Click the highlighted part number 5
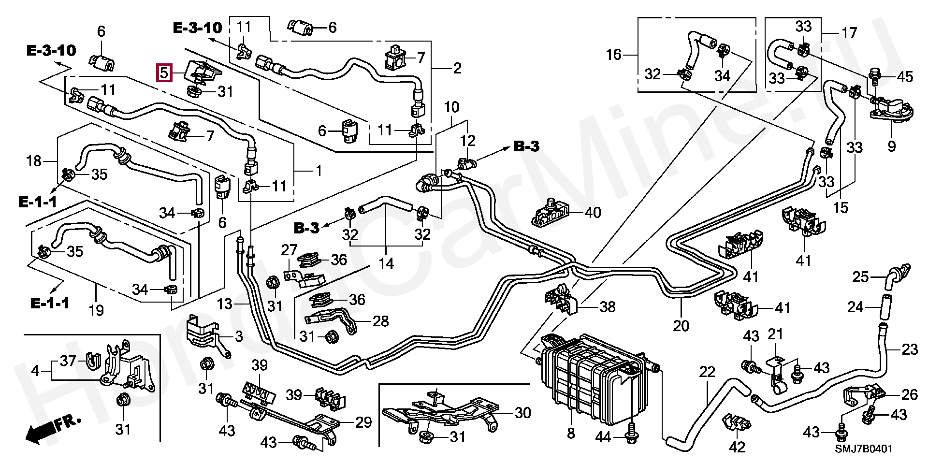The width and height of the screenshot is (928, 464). [164, 73]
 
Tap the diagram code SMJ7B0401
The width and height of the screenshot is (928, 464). [863, 449]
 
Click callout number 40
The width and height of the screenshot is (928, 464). [593, 212]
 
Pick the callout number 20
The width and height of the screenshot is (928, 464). [681, 326]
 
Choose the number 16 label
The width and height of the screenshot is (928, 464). [614, 55]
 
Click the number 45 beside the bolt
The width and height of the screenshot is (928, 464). [905, 77]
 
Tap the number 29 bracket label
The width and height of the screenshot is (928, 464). [363, 422]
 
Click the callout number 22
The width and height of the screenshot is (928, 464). [707, 372]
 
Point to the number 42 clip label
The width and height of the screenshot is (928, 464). [737, 447]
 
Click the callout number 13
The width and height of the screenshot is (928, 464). [225, 304]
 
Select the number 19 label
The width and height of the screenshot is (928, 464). [96, 310]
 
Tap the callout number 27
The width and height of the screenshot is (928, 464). [289, 250]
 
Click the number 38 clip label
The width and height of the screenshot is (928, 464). [608, 306]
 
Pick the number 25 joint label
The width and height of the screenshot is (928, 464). [860, 277]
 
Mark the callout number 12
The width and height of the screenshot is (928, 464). [467, 141]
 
